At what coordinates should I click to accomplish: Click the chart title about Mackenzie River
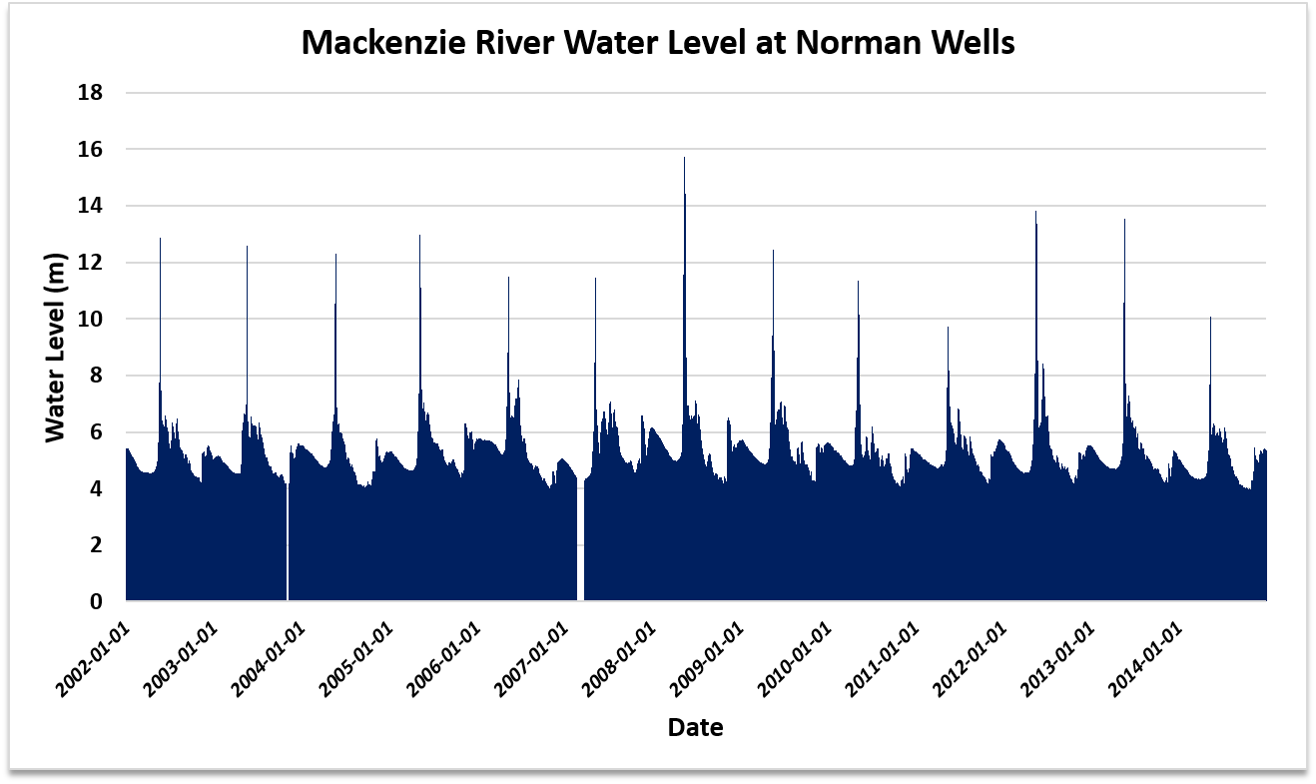[658, 42]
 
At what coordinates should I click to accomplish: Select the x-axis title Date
[695, 727]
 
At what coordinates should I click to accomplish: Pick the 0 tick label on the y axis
[96, 602]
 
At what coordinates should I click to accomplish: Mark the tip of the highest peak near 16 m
[684, 158]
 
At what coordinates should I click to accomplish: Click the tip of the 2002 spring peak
[160, 239]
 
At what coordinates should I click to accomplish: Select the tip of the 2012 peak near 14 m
[1035, 212]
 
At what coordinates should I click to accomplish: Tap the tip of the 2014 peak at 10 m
[1210, 318]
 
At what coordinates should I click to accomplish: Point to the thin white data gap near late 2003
[288, 539]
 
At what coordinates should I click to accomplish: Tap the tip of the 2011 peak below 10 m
[948, 328]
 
